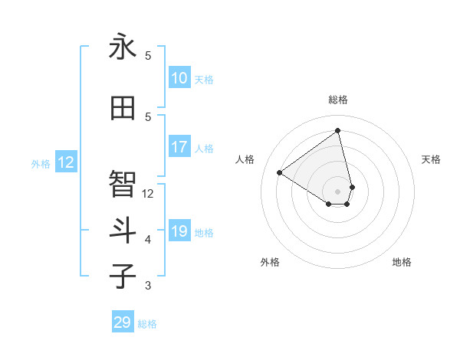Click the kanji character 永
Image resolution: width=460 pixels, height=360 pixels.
pyautogui.click(x=123, y=47)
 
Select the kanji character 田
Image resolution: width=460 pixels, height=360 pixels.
pyautogui.click(x=123, y=108)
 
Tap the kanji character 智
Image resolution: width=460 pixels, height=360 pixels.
pyautogui.click(x=123, y=184)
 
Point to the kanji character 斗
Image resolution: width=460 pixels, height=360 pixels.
pyautogui.click(x=123, y=230)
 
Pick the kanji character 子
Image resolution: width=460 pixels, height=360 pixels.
pyautogui.click(x=123, y=276)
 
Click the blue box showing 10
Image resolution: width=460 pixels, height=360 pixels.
pyautogui.click(x=179, y=78)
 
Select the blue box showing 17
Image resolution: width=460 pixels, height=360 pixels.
pyautogui.click(x=179, y=147)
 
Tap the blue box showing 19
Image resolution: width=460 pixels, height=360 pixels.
pyautogui.click(x=179, y=231)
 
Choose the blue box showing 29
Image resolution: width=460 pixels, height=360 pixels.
pyautogui.click(x=123, y=322)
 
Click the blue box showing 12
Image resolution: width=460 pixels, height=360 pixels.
pyautogui.click(x=66, y=162)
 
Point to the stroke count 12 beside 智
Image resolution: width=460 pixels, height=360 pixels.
pyautogui.click(x=148, y=194)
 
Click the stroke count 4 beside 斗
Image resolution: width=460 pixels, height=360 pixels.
pyautogui.click(x=148, y=240)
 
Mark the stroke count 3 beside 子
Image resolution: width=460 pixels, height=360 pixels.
pyautogui.click(x=148, y=286)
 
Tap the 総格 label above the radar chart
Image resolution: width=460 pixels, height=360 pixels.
pyautogui.click(x=337, y=100)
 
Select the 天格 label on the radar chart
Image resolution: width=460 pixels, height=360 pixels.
pyautogui.click(x=431, y=159)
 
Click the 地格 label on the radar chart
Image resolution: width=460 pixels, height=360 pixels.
pyautogui.click(x=402, y=262)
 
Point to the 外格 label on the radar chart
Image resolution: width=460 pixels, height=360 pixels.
pyautogui.click(x=270, y=262)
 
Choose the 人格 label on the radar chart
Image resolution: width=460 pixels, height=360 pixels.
pyautogui.click(x=245, y=159)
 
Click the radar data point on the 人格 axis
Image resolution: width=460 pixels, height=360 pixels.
pyautogui.click(x=280, y=172)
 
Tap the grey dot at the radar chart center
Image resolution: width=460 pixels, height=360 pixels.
pyautogui.click(x=337, y=191)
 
